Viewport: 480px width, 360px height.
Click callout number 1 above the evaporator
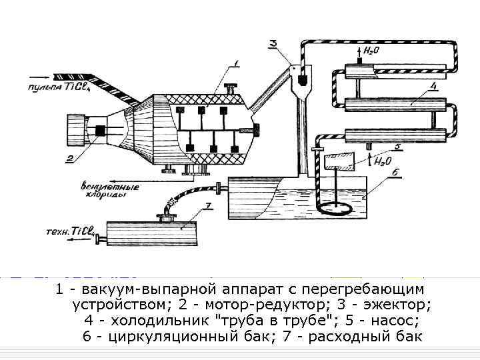pyautogui.click(x=235, y=65)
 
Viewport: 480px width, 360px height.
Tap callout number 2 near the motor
pyautogui.click(x=69, y=158)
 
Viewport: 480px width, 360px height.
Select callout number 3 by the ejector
pyautogui.click(x=274, y=43)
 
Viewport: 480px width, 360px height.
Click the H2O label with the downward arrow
pyautogui.click(x=371, y=50)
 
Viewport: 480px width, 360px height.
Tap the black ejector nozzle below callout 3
pyautogui.click(x=301, y=79)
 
